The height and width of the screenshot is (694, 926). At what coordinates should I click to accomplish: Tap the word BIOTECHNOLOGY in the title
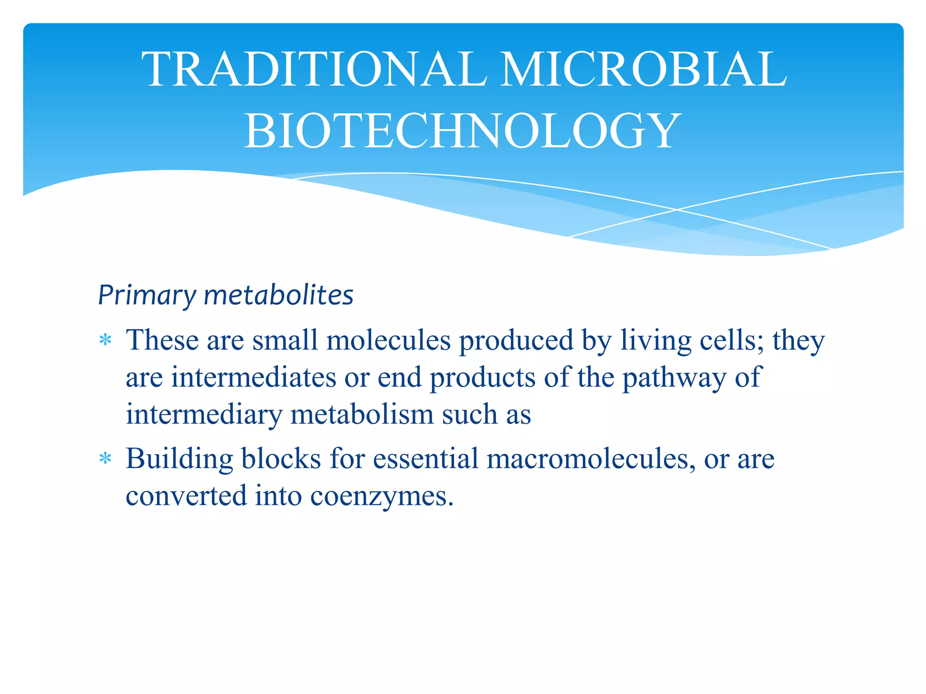[x=463, y=131]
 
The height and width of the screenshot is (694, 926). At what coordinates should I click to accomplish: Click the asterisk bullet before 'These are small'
[x=105, y=340]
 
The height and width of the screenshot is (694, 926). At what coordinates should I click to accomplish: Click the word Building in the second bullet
[x=179, y=460]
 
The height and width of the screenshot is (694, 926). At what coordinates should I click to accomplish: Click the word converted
[x=186, y=496]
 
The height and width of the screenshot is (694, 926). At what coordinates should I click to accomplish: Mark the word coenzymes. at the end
[x=382, y=497]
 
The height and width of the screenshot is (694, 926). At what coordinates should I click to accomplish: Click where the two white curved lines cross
[x=677, y=210]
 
